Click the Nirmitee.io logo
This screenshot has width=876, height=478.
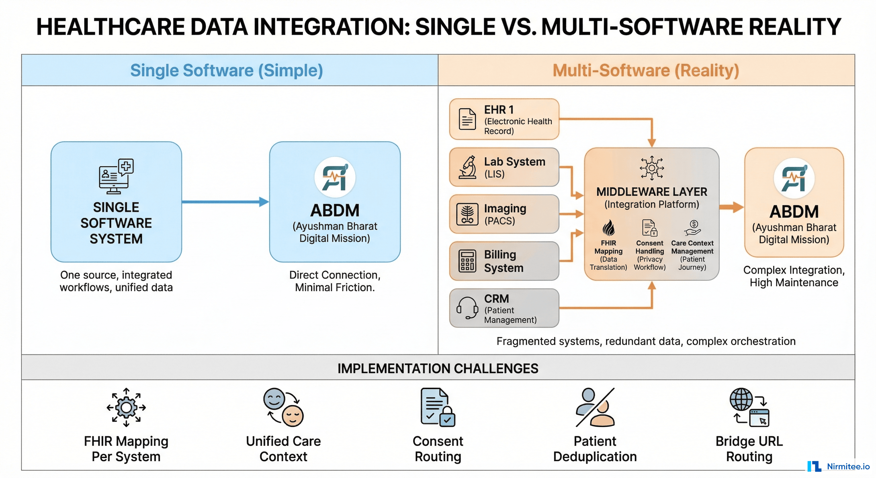coord(838,466)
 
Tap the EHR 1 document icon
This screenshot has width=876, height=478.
coord(467,119)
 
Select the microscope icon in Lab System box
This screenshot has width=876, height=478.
coord(468,167)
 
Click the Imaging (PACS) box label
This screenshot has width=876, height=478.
coord(505,214)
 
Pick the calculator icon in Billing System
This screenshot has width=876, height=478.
coord(467,261)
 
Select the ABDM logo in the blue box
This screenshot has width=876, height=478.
coord(335,178)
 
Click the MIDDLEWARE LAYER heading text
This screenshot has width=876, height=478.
coord(652,192)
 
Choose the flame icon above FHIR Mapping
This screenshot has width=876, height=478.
coord(608,227)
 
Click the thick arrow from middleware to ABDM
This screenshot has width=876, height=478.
coord(731,207)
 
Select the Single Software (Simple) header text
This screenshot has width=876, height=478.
coord(226,70)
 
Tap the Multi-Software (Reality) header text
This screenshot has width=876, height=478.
coord(646,70)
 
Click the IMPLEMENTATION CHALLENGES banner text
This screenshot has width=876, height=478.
coord(438,368)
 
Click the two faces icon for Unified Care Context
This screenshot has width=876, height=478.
coord(283,407)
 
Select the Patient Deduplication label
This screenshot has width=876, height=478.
coord(595,449)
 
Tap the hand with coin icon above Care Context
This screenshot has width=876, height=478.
coord(692,228)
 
